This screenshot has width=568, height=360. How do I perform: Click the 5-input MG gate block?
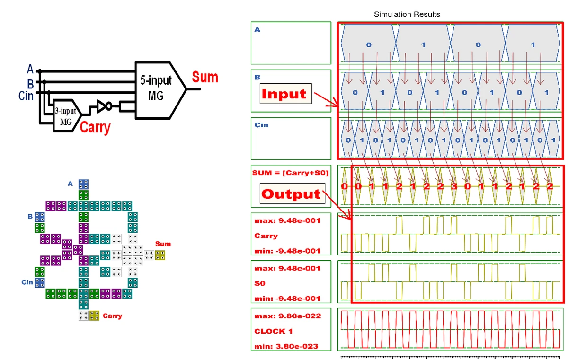coord(156,88)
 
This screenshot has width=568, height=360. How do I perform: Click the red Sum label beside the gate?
coord(204,77)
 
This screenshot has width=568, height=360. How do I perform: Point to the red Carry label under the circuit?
coord(95,127)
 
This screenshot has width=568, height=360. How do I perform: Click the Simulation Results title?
coord(407,14)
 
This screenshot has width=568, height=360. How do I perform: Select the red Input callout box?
coord(284,94)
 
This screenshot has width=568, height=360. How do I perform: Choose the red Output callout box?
coord(292,194)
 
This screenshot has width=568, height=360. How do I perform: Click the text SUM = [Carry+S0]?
coord(290,173)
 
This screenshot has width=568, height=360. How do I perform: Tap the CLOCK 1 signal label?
coord(270,331)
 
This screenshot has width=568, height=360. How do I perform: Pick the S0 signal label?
coord(260,283)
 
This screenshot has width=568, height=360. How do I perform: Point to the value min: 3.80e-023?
coord(286,346)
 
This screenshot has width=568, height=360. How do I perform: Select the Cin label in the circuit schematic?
coord(26,96)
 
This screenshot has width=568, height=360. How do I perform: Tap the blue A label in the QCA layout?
coord(70,184)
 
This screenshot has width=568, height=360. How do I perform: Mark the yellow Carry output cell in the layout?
coord(94,316)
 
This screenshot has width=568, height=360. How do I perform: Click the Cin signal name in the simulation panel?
coord(261,125)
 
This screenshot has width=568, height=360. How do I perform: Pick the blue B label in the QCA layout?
coord(30,216)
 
